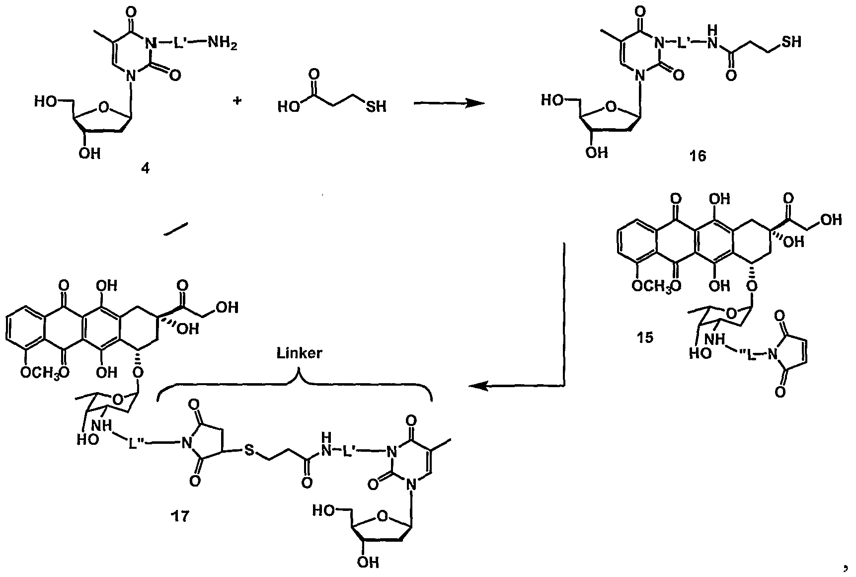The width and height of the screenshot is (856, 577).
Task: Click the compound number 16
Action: click(698, 157)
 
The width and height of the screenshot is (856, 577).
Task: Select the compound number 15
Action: click(645, 338)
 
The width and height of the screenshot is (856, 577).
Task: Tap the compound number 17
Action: click(180, 516)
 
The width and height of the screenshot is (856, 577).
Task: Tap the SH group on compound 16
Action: click(791, 42)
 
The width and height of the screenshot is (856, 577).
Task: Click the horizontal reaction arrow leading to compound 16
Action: click(449, 103)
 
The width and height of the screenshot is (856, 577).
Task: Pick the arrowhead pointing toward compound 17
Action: click(478, 386)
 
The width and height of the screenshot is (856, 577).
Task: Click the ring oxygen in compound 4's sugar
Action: click(103, 106)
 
